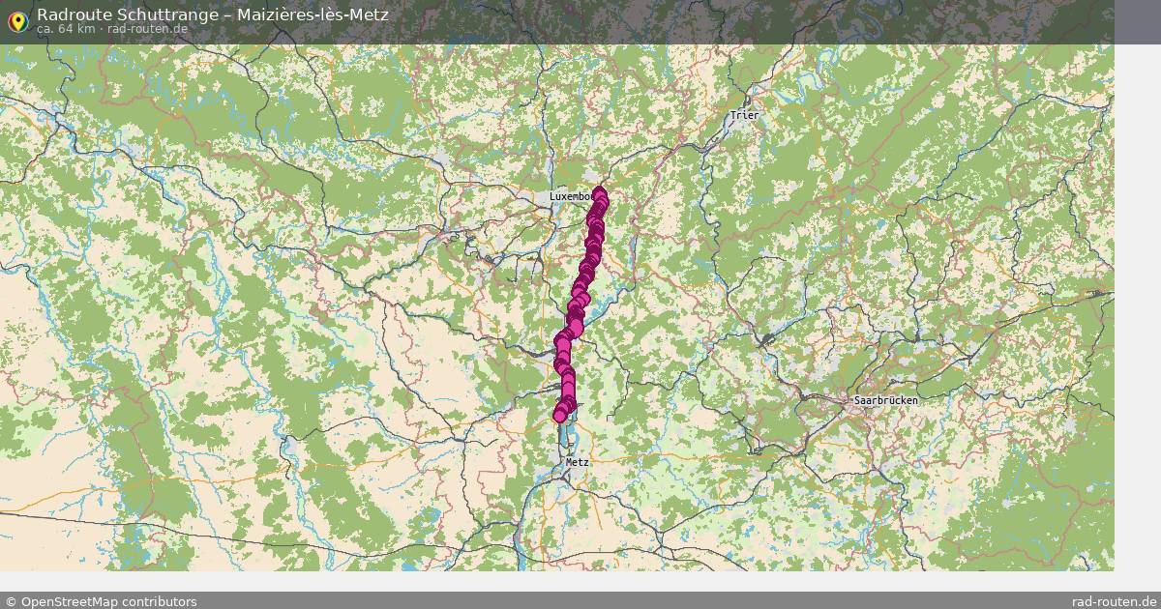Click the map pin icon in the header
[x=16, y=18]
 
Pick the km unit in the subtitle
[x=86, y=29]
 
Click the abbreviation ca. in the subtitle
[x=45, y=29]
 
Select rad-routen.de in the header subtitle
[x=148, y=29]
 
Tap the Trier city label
[x=745, y=115]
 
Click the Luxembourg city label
[x=571, y=196]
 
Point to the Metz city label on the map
[x=577, y=462]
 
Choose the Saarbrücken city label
[x=885, y=399]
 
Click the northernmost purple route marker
[x=601, y=193]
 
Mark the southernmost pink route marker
[x=560, y=416]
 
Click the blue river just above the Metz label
[x=563, y=440]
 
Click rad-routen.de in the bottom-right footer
[x=1115, y=601]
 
